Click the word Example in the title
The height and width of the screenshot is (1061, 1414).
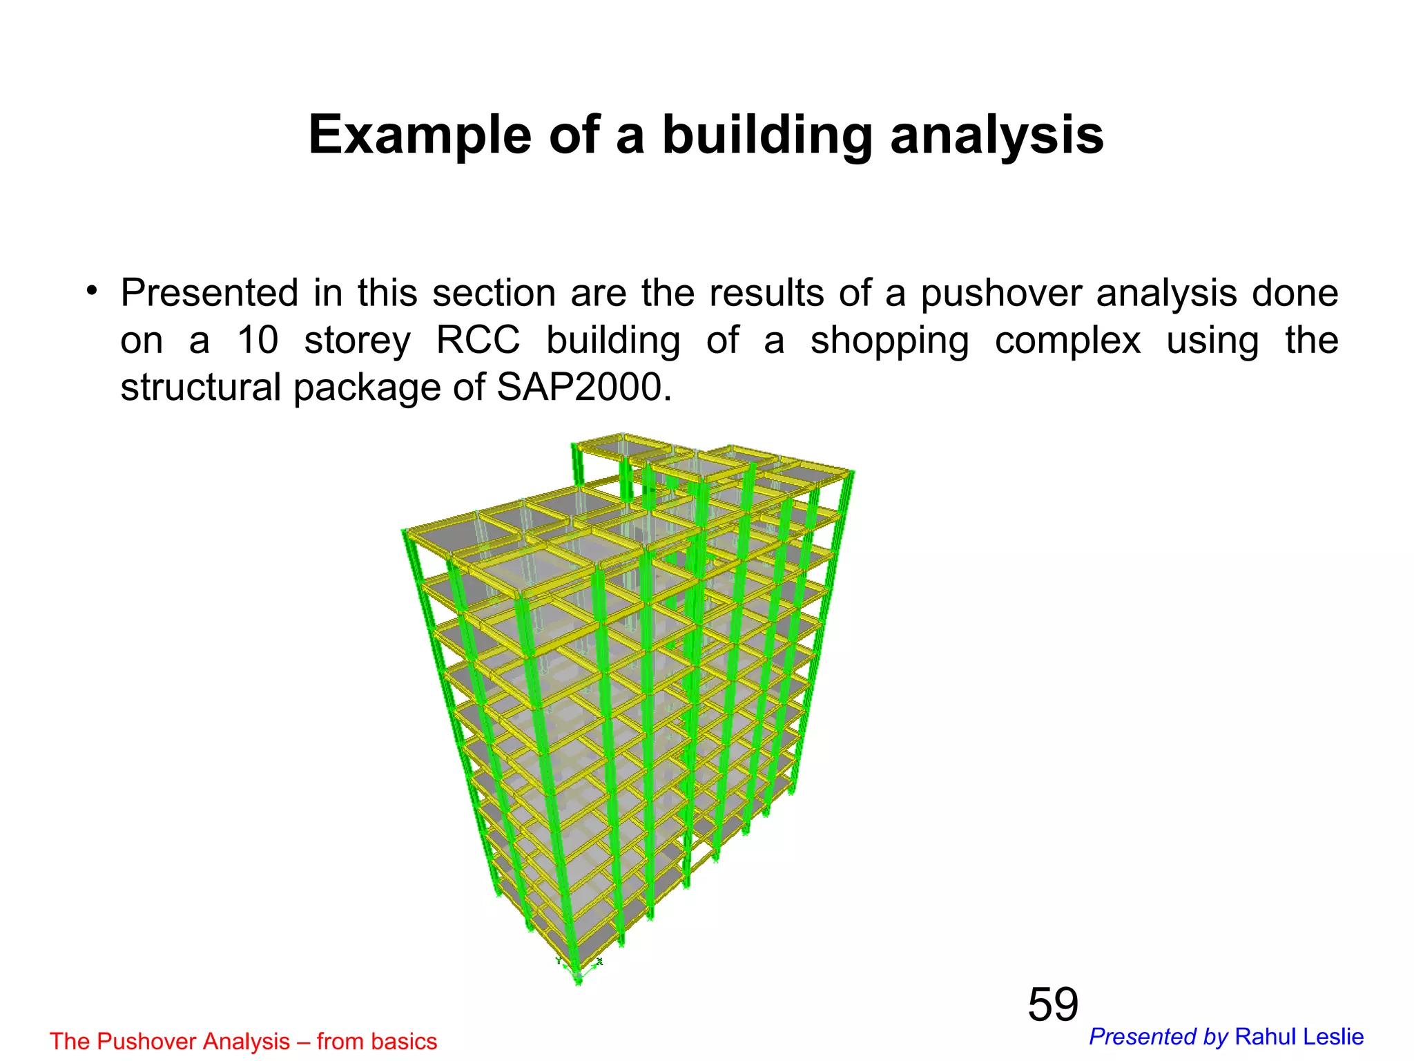pos(419,135)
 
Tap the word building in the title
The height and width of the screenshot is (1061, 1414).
pos(766,135)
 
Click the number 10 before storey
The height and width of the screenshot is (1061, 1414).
pos(257,341)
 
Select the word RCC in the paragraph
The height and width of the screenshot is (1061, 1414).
pos(478,341)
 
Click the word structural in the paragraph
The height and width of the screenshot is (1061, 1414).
pos(200,388)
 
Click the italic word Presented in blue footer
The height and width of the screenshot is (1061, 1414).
pos(1142,1037)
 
